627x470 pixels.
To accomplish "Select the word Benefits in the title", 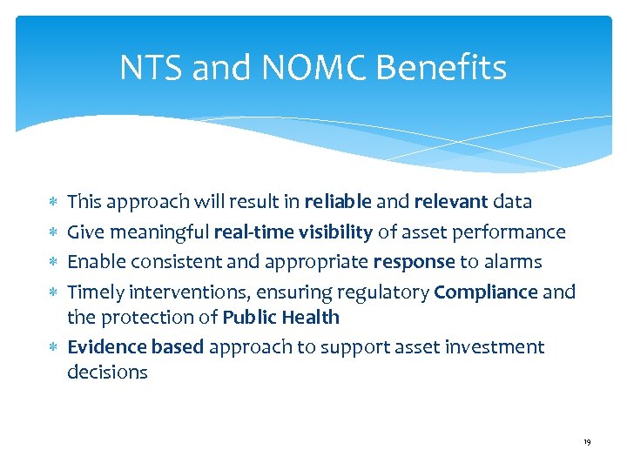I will pos(444,68).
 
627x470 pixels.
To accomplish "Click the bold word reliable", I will pos(338,202).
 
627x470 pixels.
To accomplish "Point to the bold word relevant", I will pos(451,202).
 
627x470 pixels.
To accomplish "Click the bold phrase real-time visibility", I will pos(293,232).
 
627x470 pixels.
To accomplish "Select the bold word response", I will pos(415,262).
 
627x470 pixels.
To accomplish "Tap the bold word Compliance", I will pos(485,292).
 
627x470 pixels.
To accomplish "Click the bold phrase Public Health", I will pos(280,317).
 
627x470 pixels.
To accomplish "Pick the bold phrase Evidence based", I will pos(135,347).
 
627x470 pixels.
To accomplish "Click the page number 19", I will pos(587,443).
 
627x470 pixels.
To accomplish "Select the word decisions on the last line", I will pos(107,373).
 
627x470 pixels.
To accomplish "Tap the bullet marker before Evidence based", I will pos(55,347).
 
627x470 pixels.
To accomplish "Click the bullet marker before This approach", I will pos(55,202).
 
